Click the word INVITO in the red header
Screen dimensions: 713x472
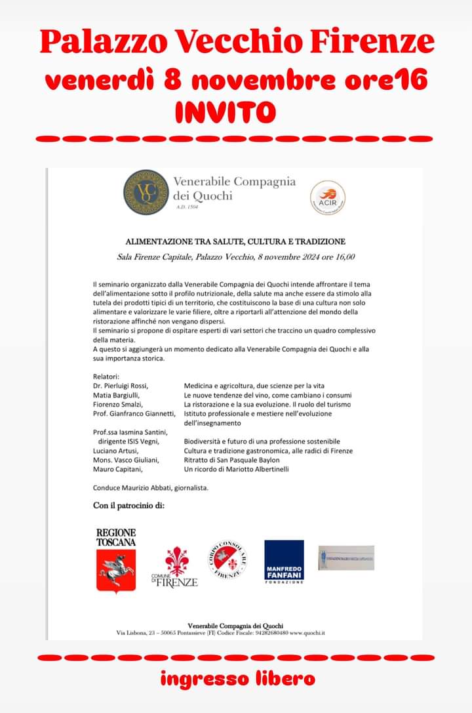point(224,112)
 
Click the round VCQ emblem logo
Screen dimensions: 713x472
point(146,192)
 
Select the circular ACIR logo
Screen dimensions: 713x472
point(328,198)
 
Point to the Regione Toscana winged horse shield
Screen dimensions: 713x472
point(116,571)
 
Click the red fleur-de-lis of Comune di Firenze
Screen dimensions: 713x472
point(176,561)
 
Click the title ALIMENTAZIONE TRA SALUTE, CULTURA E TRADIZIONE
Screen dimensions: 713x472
point(235,241)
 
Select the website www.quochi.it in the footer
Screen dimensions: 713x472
point(307,633)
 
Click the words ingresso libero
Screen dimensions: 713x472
point(237,679)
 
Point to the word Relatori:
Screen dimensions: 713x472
point(106,377)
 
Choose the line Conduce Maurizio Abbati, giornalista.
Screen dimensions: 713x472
point(150,488)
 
